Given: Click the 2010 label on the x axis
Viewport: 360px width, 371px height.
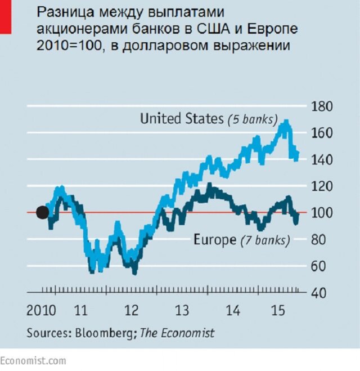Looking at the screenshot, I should (x=41, y=310).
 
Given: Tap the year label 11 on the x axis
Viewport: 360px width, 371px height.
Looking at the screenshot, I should (x=81, y=310).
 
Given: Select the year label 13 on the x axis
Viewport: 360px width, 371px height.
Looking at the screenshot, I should (x=182, y=310).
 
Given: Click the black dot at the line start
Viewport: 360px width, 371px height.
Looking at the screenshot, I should (x=42, y=212).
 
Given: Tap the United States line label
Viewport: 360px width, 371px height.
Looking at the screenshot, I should (x=182, y=119).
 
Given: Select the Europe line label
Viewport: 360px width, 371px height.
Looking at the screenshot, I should (x=214, y=240).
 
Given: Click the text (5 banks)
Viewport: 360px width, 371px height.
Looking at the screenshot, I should (x=253, y=119).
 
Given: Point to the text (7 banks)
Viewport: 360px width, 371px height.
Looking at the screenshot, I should (x=265, y=241).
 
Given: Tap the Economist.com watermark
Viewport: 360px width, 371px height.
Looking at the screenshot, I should (x=33, y=360).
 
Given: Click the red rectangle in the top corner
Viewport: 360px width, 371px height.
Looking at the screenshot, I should (x=5, y=16).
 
